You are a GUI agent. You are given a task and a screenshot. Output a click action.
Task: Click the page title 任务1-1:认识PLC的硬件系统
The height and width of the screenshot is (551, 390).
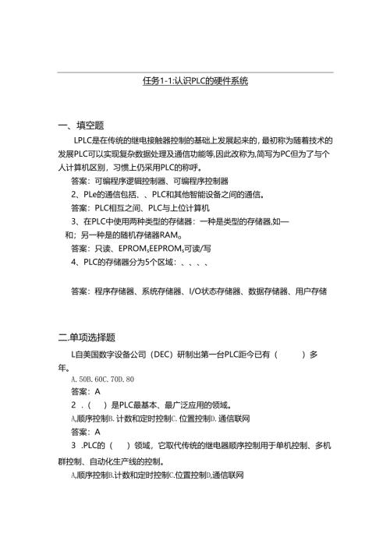(195, 81)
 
